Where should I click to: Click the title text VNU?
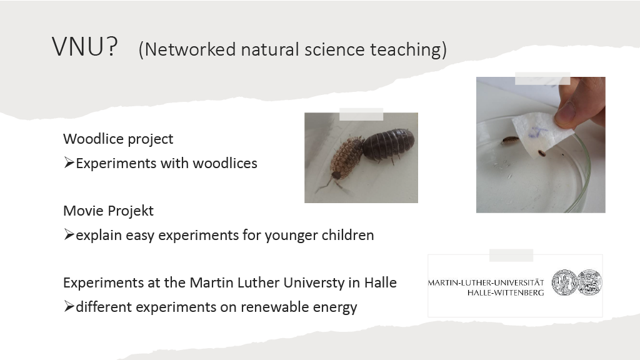pyautogui.click(x=85, y=46)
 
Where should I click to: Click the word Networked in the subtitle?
pyautogui.click(x=190, y=49)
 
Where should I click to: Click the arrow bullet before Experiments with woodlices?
pyautogui.click(x=69, y=163)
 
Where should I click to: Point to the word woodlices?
pyautogui.click(x=225, y=163)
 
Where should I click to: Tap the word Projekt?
pyautogui.click(x=129, y=211)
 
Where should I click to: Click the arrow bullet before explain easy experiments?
pyautogui.click(x=69, y=235)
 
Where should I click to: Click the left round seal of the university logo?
pyautogui.click(x=564, y=282)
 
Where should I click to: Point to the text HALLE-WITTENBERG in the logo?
pyautogui.click(x=506, y=292)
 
